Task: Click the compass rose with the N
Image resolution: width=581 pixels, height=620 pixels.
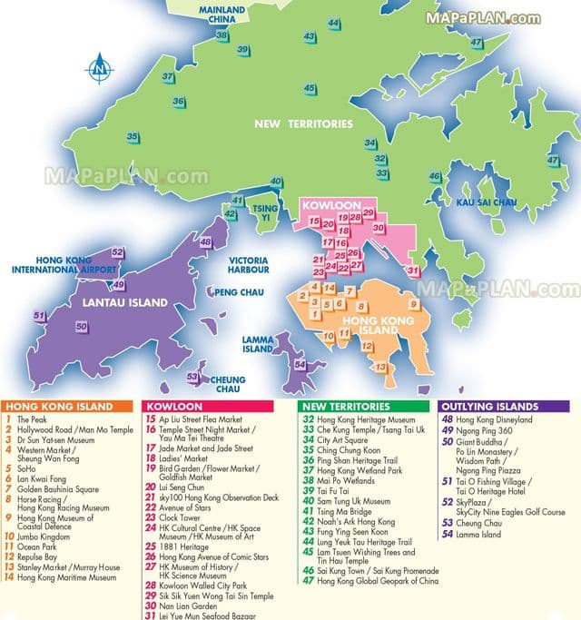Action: click(x=99, y=66)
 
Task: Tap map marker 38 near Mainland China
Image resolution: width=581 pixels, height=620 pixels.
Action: click(x=222, y=35)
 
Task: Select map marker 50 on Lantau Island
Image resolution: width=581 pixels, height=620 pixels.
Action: click(x=82, y=326)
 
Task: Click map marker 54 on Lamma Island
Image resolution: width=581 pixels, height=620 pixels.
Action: click(x=300, y=364)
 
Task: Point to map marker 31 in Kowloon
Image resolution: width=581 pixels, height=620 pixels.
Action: click(x=413, y=271)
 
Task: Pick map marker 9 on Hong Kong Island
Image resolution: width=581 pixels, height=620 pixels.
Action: click(x=414, y=304)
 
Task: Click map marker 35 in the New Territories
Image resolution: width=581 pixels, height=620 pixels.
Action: click(x=133, y=137)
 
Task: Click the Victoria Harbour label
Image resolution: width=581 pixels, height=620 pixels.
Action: click(x=248, y=264)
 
